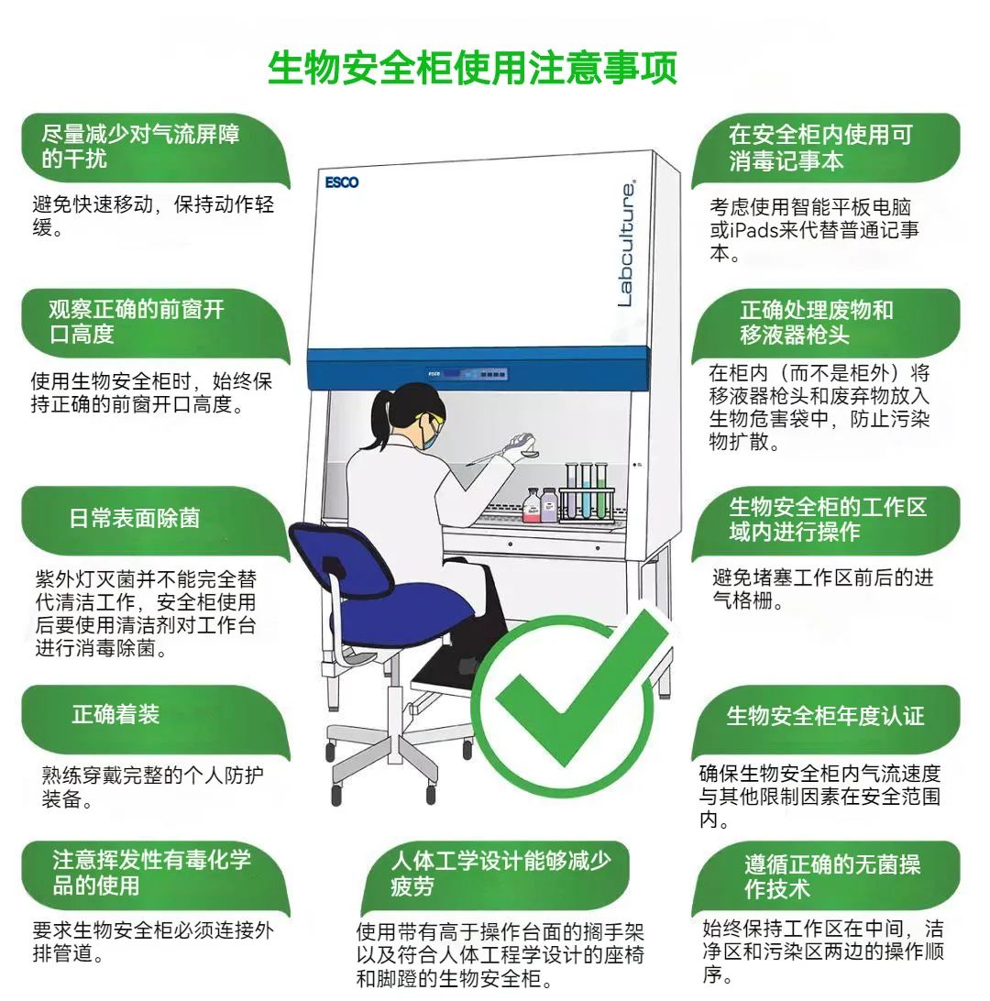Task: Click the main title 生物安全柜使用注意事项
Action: [x=472, y=67]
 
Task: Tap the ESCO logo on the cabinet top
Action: [x=342, y=182]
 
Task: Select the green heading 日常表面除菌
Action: [x=135, y=518]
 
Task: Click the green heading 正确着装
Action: [x=115, y=714]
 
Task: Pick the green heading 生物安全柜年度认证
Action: [x=825, y=716]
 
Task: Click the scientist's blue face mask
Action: [x=429, y=435]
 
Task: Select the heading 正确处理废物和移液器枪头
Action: [x=817, y=322]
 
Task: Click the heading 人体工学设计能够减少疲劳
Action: [x=500, y=874]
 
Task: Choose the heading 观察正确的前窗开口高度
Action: [x=137, y=321]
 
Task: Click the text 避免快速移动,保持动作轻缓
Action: [x=153, y=215]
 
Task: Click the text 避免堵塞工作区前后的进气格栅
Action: [x=823, y=588]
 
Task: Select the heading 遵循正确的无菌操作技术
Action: [x=832, y=876]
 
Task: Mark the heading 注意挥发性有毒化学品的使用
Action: [x=152, y=873]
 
